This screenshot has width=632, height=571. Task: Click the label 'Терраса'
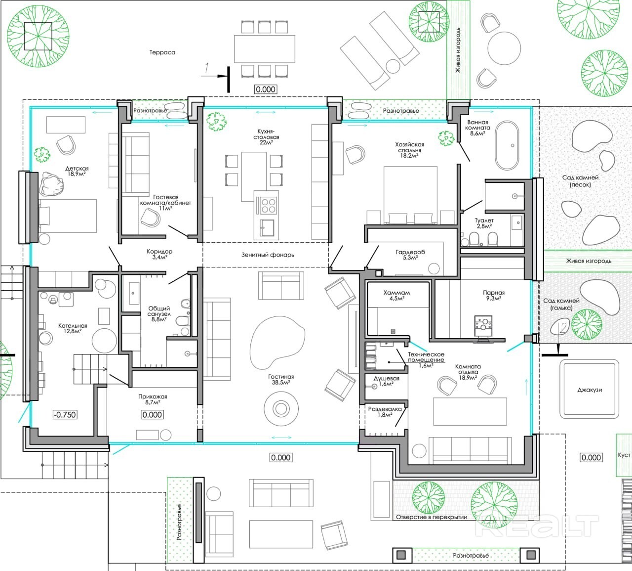point(162,52)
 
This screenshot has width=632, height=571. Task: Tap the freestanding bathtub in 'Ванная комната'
point(507,145)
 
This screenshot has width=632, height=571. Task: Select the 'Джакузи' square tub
point(590,389)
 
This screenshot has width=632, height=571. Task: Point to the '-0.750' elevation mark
point(65,414)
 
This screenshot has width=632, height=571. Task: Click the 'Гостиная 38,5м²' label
point(281,379)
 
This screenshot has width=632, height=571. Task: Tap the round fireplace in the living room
point(281,408)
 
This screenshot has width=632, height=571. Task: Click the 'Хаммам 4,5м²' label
point(396,295)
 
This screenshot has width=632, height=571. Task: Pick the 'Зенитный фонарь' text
point(268,255)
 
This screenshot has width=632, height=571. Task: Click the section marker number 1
point(207,68)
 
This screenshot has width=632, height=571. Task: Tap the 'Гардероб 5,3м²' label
point(410,255)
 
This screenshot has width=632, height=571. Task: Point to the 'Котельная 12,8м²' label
point(73,328)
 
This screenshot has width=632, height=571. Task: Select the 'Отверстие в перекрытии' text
point(432,517)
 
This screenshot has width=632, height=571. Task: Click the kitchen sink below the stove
point(267,227)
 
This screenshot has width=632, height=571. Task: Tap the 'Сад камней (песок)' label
point(580,181)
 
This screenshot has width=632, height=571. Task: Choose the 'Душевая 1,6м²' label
point(386,381)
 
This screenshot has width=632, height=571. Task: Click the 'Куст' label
point(624,455)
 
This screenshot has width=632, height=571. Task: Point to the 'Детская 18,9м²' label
point(77,171)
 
